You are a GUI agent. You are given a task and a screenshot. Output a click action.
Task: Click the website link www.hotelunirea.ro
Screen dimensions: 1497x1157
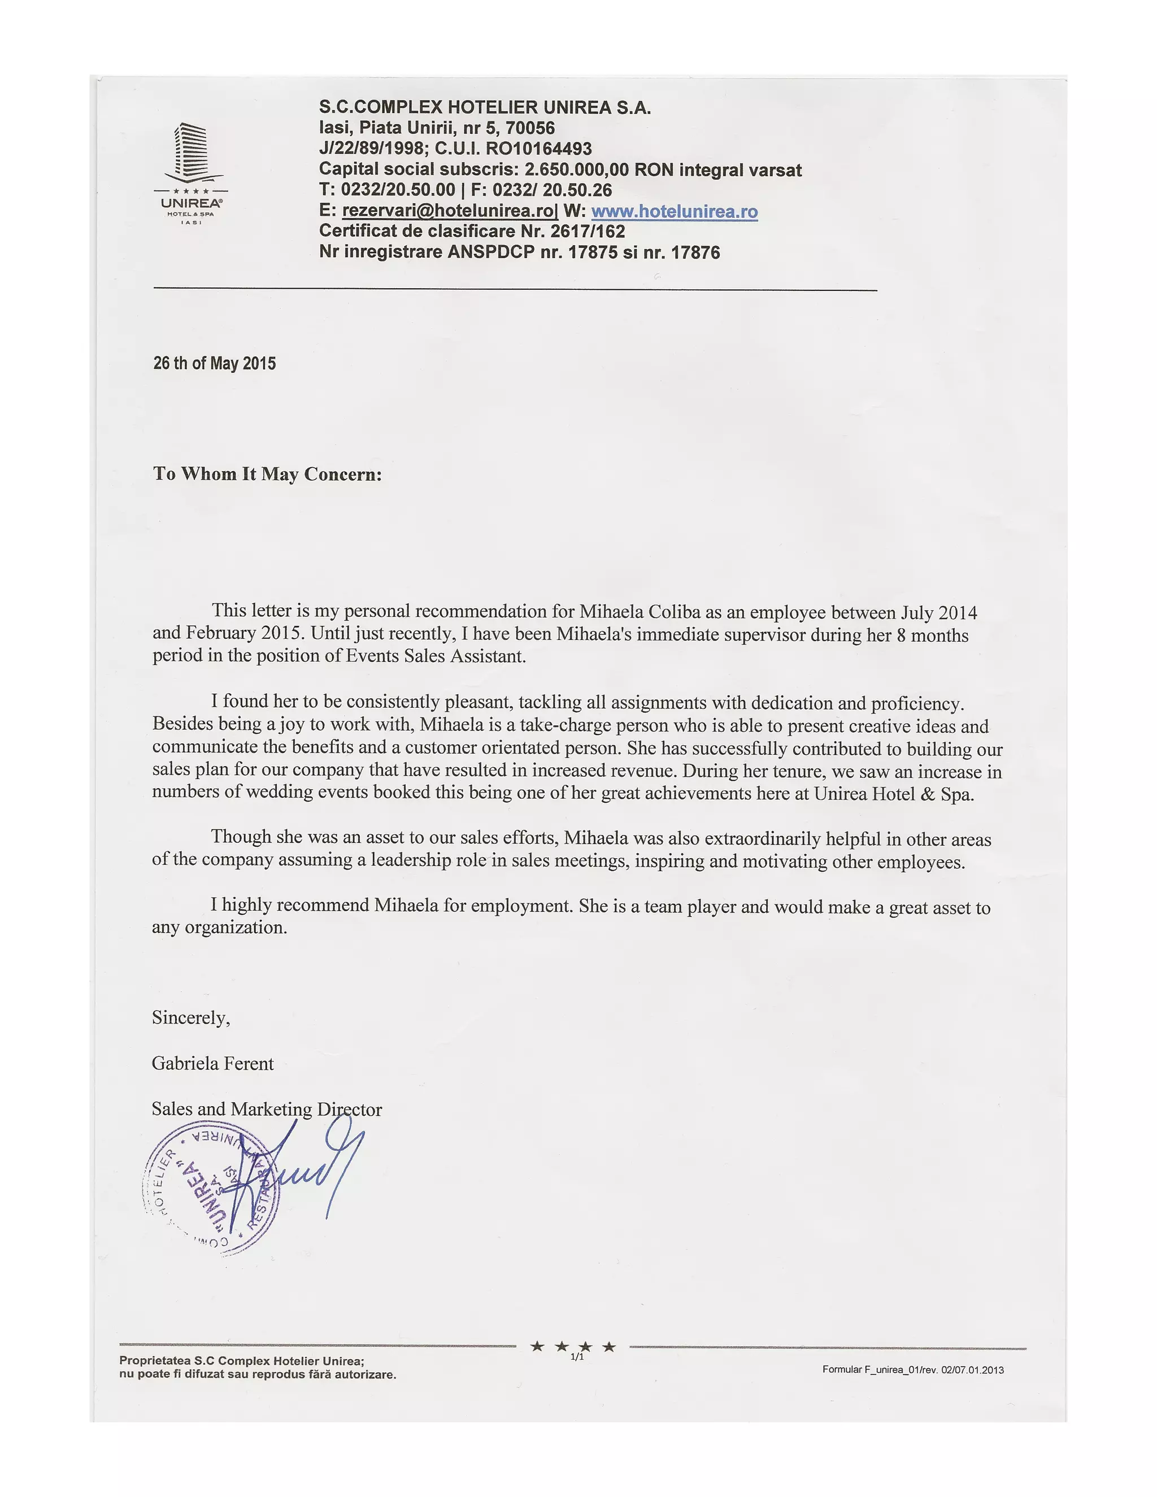coord(674,211)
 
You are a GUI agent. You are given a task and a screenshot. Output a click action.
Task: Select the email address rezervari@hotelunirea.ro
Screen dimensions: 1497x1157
coord(450,211)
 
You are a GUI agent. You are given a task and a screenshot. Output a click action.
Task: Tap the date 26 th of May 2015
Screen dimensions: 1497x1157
coord(215,363)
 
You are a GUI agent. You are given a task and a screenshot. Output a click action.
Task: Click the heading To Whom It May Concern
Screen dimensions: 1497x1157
coord(267,475)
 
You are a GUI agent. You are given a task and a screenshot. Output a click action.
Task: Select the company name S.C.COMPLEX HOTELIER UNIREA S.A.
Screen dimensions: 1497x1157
coord(485,107)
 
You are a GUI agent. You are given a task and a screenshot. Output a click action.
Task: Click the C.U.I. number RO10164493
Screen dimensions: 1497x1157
coord(538,149)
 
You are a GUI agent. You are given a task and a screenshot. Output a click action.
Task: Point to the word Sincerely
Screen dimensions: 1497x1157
coord(190,1018)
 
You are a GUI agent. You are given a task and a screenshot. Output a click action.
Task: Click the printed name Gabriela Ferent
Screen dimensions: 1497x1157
coord(212,1064)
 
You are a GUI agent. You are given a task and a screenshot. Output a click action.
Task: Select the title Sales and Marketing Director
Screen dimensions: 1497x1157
coord(267,1109)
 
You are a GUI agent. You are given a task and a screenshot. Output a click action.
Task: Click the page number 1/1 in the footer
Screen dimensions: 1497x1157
coord(577,1356)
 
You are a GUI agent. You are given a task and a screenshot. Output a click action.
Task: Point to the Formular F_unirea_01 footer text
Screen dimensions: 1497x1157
coord(912,1369)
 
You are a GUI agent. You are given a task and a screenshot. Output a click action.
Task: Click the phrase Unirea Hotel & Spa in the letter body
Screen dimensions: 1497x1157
coord(893,794)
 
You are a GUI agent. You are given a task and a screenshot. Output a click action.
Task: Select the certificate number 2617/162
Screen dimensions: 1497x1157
coord(588,232)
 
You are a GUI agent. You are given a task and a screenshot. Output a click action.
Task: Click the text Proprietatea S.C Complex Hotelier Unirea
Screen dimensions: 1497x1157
coord(241,1361)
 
